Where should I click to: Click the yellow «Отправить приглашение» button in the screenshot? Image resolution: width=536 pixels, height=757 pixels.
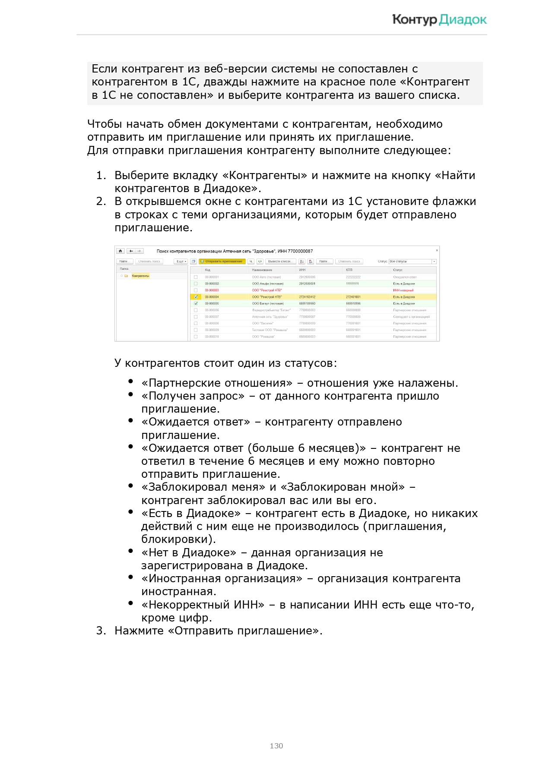tap(222, 262)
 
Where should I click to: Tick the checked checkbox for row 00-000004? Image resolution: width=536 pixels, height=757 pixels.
tap(196, 297)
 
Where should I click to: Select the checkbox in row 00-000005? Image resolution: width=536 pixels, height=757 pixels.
tap(196, 303)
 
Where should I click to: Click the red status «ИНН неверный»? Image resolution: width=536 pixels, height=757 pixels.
tap(403, 290)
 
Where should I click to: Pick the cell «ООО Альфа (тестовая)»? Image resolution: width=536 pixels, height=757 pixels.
tap(267, 284)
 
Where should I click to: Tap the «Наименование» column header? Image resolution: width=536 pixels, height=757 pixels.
tap(262, 270)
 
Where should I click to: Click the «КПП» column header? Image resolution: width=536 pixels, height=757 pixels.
tap(349, 270)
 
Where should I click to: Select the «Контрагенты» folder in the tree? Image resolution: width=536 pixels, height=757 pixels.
tap(140, 276)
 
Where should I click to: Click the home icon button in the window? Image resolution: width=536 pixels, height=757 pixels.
tap(121, 251)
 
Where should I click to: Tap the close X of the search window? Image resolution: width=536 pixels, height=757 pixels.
tap(437, 250)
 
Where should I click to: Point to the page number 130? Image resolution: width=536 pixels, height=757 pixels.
tap(276, 746)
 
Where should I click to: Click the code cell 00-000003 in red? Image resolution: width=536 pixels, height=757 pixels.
tap(212, 290)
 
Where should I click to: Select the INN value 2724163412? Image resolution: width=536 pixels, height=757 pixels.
tap(307, 297)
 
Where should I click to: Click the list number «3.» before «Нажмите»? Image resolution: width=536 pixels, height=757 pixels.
tap(101, 631)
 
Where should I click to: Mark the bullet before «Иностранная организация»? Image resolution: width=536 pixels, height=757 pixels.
tap(130, 577)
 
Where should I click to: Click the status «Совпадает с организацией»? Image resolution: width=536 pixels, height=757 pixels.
tap(411, 317)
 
